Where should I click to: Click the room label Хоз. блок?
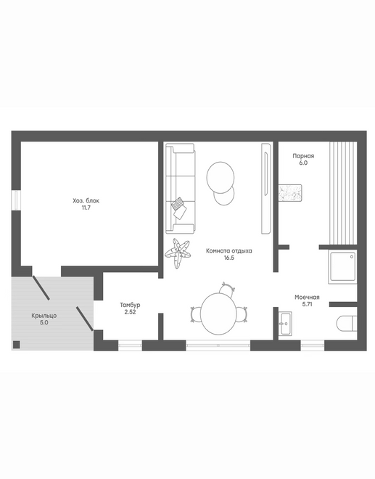(x=86, y=201)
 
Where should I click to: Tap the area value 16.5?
(x=229, y=258)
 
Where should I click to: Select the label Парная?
(x=303, y=156)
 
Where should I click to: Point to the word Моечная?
(x=307, y=298)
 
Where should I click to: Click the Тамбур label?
(x=130, y=305)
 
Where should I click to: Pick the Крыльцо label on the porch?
(x=44, y=316)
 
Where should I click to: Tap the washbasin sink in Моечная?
(x=285, y=324)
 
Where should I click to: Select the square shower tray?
(x=342, y=266)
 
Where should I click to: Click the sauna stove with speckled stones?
(x=290, y=193)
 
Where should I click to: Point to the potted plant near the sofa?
(x=178, y=253)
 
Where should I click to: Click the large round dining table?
(x=218, y=314)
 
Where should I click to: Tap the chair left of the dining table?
(x=196, y=315)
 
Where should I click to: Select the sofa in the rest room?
(x=180, y=189)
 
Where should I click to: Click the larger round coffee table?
(x=221, y=178)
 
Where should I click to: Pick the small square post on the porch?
(x=17, y=345)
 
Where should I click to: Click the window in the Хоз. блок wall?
(x=16, y=200)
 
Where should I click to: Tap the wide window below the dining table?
(x=218, y=345)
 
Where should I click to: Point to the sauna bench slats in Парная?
(x=343, y=193)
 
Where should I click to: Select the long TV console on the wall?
(x=267, y=189)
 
